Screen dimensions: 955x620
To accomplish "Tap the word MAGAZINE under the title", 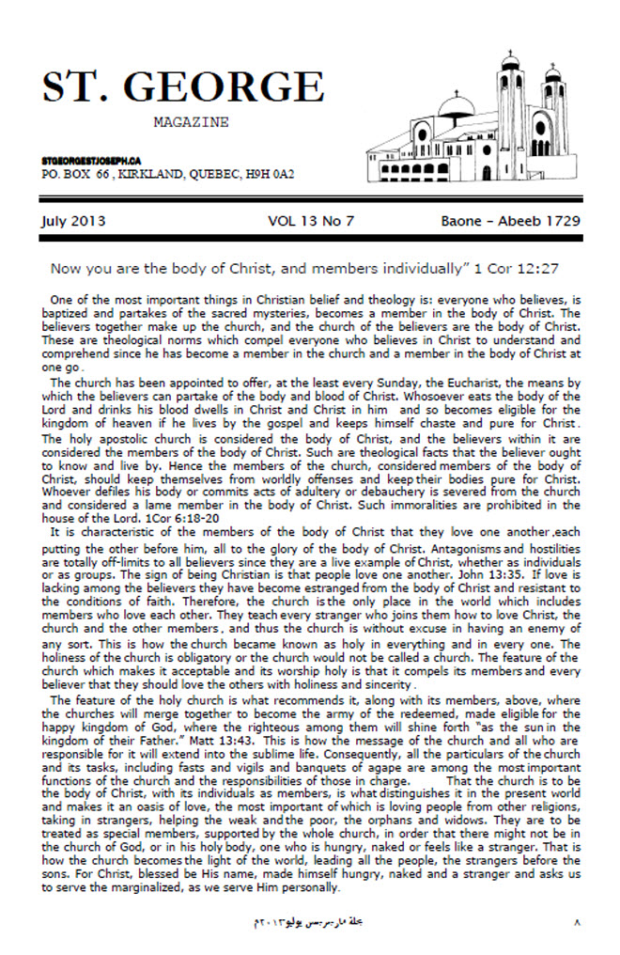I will coord(190,122).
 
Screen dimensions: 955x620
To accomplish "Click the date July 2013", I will coord(73,222).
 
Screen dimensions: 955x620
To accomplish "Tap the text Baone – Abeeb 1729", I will coord(510,222).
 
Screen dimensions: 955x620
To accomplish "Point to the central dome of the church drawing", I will coord(455,104).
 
